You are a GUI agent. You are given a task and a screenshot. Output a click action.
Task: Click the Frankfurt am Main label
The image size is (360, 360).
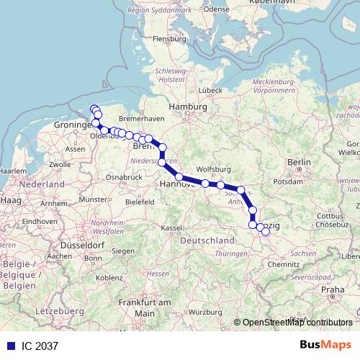click(139, 308)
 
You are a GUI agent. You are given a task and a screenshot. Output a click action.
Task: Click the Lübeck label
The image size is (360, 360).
click(210, 89)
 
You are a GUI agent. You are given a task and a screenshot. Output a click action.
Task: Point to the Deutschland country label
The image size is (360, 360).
click(209, 239)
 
